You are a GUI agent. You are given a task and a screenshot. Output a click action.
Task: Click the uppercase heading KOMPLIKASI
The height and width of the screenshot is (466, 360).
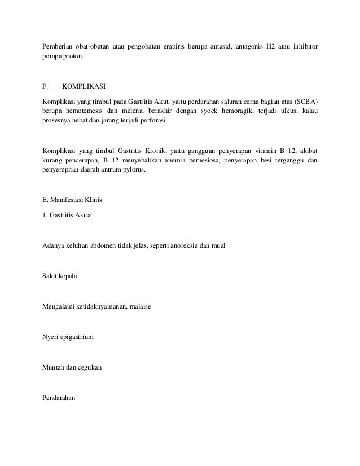[x=84, y=87]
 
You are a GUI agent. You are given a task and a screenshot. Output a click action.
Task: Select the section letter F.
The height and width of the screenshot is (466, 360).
[x=45, y=87]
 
